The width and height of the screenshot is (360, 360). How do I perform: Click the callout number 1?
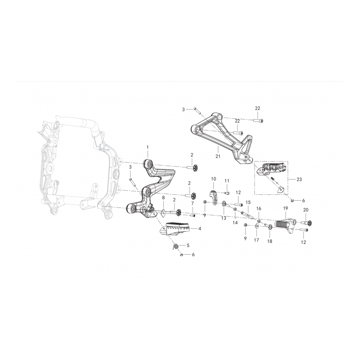148,147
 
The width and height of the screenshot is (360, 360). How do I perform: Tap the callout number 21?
218,156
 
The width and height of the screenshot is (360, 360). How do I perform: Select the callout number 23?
299,179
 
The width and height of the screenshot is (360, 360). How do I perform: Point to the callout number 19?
285,208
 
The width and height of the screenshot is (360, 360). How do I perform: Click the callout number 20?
306,210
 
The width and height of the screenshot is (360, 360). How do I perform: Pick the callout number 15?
248,202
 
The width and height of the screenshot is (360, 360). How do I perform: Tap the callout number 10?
213,179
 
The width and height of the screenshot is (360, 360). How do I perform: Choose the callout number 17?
256,240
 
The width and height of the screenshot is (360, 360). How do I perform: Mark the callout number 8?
163,198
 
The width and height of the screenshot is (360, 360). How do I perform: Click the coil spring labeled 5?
175,247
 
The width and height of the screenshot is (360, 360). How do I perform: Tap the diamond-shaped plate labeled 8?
163,213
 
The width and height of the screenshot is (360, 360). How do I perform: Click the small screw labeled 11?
226,193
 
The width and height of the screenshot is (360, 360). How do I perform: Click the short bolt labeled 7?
193,216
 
